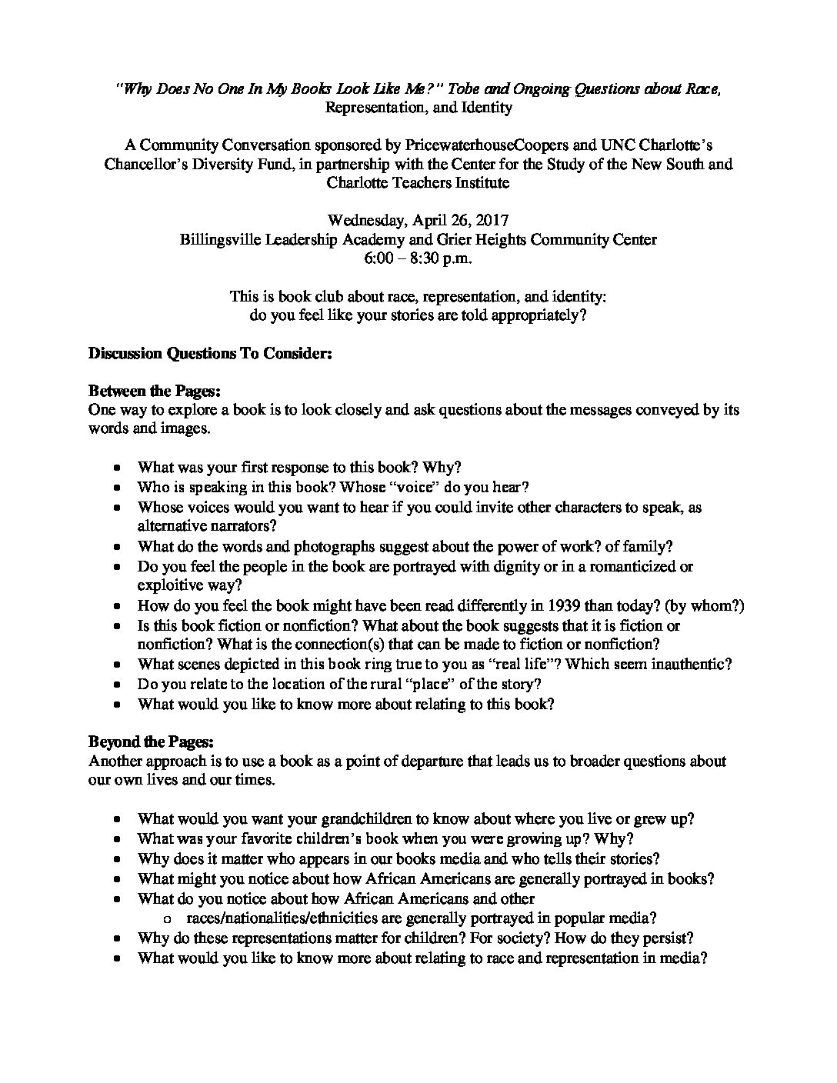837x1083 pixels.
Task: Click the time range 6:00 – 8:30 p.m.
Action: point(418,258)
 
